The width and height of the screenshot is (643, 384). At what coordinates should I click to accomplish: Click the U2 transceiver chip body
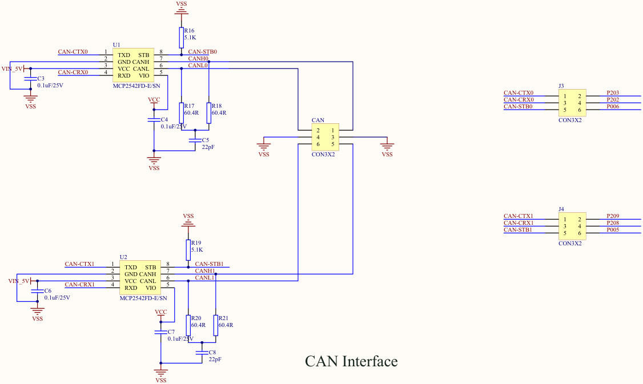click(140, 277)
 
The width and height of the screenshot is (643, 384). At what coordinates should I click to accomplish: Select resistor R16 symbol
click(181, 38)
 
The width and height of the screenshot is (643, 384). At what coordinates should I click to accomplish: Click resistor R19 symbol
click(188, 250)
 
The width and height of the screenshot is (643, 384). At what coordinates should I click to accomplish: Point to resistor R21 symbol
click(215, 325)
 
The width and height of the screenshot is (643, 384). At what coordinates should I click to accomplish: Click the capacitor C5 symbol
click(195, 140)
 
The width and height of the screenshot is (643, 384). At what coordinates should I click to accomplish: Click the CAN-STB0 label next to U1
click(202, 52)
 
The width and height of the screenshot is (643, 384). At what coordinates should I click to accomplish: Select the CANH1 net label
click(205, 270)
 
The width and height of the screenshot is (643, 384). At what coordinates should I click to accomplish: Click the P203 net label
click(613, 93)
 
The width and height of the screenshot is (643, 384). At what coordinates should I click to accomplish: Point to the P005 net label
click(613, 230)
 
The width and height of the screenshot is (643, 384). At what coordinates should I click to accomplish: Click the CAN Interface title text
click(351, 361)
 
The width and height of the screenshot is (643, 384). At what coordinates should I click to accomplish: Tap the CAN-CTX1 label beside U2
click(79, 264)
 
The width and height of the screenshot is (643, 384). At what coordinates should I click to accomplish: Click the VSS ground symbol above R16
click(181, 6)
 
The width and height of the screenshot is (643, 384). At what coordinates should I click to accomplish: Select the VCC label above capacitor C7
click(161, 312)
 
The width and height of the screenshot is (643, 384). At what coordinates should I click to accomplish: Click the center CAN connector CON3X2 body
click(325, 138)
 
